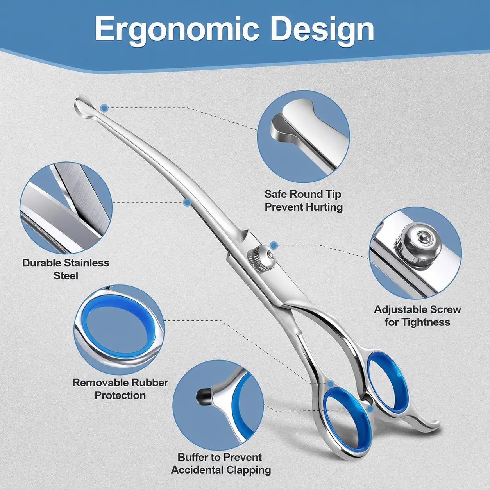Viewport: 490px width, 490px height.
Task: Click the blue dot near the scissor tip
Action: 104,108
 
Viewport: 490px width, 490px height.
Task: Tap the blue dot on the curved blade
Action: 187,202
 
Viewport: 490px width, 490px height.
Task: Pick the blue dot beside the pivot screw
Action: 274,245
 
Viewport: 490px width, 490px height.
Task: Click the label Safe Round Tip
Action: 302,195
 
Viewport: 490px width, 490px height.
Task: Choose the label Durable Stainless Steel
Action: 66,269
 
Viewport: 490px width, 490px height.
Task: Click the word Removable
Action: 101,383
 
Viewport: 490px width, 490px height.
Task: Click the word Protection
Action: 120,395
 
